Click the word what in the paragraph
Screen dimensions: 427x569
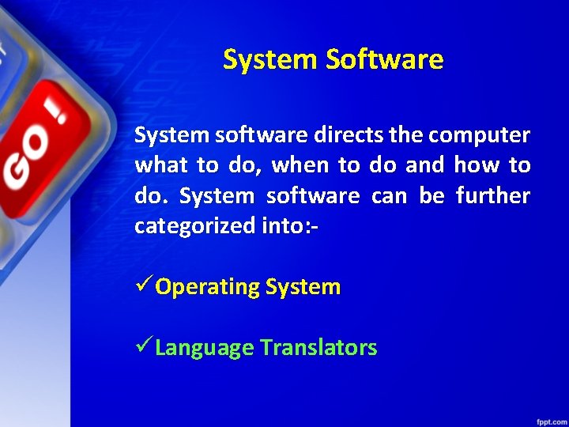point(161,166)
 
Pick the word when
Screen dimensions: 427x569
point(299,166)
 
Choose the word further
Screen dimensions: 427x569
point(493,196)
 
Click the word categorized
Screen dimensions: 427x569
point(194,227)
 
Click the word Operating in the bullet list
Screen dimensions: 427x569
point(208,287)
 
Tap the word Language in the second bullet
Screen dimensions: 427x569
point(205,348)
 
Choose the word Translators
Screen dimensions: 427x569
point(318,348)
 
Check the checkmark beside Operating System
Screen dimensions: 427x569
point(144,285)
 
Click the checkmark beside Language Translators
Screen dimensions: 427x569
point(144,346)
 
